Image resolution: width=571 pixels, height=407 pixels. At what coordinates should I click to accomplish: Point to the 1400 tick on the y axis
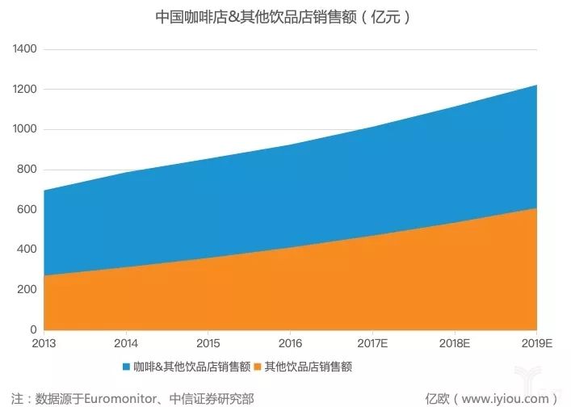point(24,49)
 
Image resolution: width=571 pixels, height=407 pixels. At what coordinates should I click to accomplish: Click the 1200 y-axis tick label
point(24,89)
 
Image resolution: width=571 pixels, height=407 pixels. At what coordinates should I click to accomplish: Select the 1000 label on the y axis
point(24,129)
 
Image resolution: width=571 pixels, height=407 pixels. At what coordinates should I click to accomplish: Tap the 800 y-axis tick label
point(27,170)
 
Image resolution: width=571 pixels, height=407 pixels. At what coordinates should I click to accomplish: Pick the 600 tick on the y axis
point(27,209)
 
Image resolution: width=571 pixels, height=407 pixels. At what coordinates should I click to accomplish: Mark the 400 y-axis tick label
point(27,250)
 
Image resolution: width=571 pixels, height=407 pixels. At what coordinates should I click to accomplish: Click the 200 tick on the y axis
point(27,289)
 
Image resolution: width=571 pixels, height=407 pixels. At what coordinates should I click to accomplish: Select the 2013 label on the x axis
point(44,342)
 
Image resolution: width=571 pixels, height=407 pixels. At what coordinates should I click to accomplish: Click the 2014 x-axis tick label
point(126,342)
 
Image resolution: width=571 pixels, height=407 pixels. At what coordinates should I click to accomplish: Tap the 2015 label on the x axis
point(208,342)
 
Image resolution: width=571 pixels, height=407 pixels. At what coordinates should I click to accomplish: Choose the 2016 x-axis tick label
point(291,342)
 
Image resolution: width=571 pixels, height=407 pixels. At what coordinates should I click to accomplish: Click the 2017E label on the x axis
point(372,342)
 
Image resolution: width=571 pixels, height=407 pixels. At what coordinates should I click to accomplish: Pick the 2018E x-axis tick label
point(455,342)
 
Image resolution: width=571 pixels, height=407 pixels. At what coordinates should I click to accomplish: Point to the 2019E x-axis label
point(535,342)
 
